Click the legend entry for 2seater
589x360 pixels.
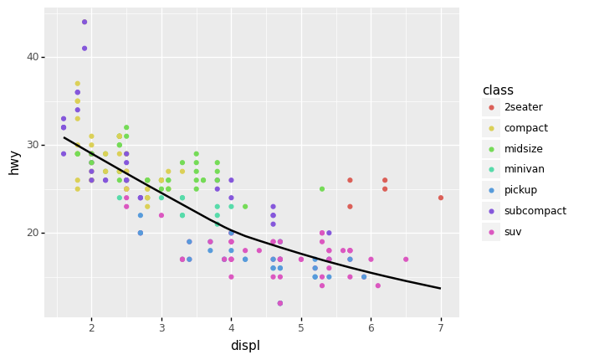click(x=523, y=107)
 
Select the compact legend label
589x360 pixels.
click(x=526, y=128)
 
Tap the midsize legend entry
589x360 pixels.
click(x=523, y=149)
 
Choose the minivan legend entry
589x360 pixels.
click(x=524, y=169)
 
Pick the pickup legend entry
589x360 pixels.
click(x=521, y=190)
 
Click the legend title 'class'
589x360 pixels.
click(x=498, y=90)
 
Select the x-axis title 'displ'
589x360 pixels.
click(x=245, y=346)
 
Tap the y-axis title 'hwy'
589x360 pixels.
click(x=14, y=162)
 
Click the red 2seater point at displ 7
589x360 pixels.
click(x=441, y=198)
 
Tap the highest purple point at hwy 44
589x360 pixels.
click(x=85, y=22)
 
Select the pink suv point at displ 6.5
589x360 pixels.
click(x=406, y=260)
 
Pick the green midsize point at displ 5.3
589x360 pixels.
click(x=322, y=189)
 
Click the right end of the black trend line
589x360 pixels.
click(x=440, y=288)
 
